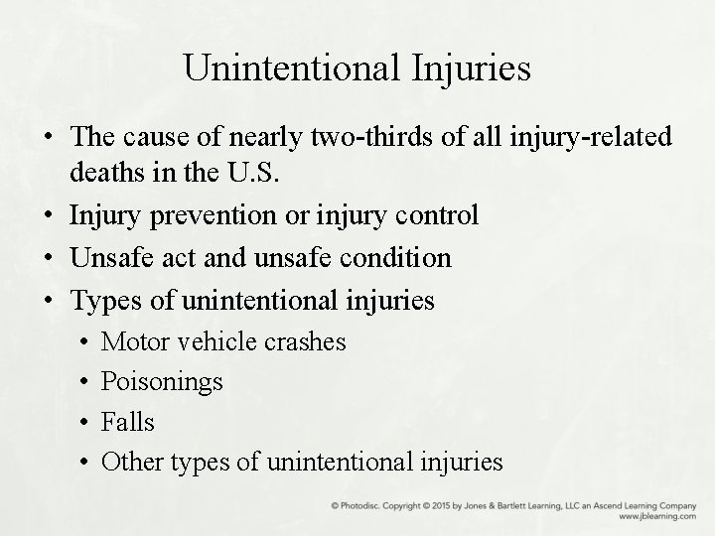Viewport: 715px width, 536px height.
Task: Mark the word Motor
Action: coord(136,342)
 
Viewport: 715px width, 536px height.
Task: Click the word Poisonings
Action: coord(162,382)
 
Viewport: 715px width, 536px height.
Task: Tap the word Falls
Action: coord(128,422)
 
